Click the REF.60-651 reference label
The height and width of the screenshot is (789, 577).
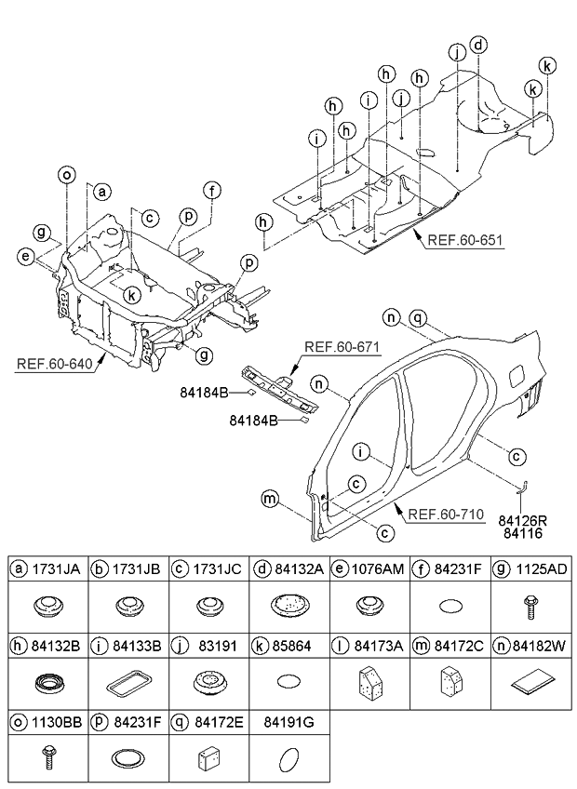[x=464, y=239]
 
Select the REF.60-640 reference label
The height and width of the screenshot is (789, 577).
[x=55, y=363]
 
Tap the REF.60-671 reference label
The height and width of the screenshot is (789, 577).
[x=342, y=347]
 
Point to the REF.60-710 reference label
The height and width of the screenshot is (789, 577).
[x=446, y=515]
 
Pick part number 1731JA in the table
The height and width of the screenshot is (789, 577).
[x=56, y=568]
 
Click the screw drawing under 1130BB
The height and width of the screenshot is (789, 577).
[x=48, y=756]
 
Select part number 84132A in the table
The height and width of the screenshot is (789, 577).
[x=299, y=568]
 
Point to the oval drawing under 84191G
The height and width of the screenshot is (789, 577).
[x=288, y=757]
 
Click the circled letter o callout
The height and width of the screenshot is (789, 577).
[x=66, y=175]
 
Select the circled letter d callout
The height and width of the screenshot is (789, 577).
[x=478, y=45]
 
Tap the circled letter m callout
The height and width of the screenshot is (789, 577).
[x=271, y=499]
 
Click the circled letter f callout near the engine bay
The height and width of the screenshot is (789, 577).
[x=212, y=191]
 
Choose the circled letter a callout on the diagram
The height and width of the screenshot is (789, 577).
[x=102, y=192]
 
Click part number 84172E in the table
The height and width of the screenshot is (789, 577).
[x=219, y=723]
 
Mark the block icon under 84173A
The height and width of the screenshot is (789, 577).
[x=370, y=682]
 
